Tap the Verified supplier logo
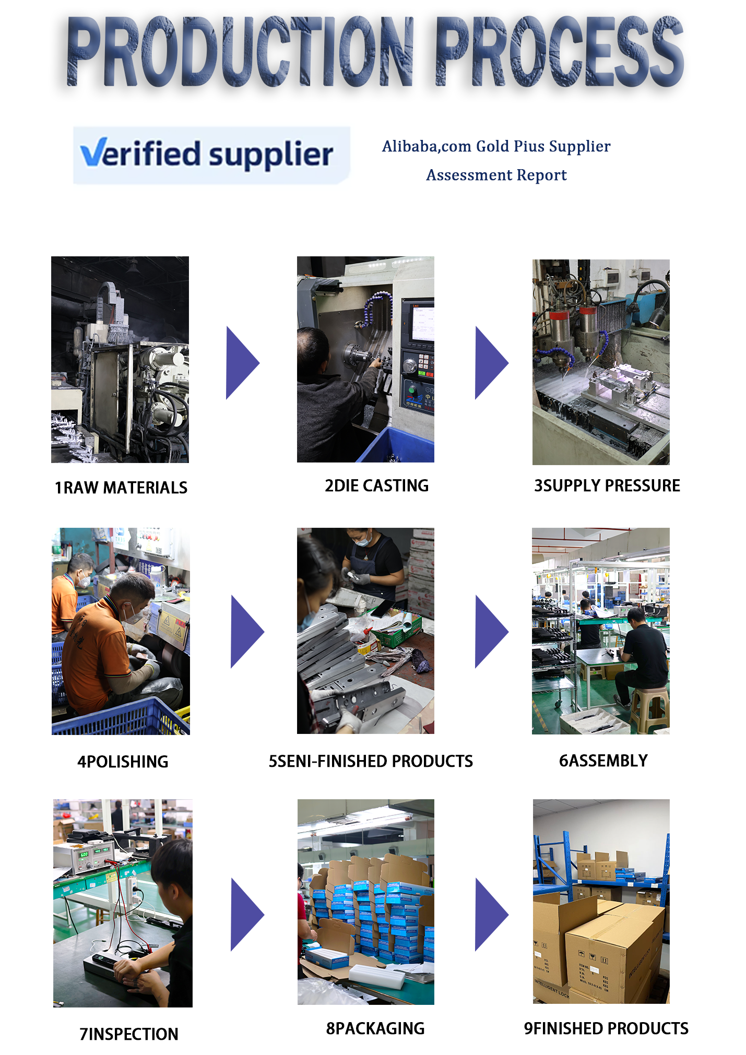click(x=211, y=155)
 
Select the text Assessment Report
click(x=496, y=175)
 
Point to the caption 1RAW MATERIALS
click(x=121, y=488)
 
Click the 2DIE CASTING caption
click(x=376, y=485)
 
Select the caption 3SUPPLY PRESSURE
click(x=607, y=485)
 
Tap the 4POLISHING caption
click(x=123, y=762)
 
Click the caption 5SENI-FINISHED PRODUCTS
click(x=371, y=761)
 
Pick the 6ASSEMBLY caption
click(x=603, y=761)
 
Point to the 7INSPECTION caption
click(x=128, y=1034)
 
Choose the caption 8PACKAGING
click(x=375, y=1028)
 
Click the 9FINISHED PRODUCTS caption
click(x=606, y=1028)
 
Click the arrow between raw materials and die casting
click(x=242, y=363)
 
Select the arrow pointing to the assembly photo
click(x=491, y=632)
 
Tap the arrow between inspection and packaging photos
click(x=247, y=915)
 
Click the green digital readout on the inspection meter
click(x=84, y=855)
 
